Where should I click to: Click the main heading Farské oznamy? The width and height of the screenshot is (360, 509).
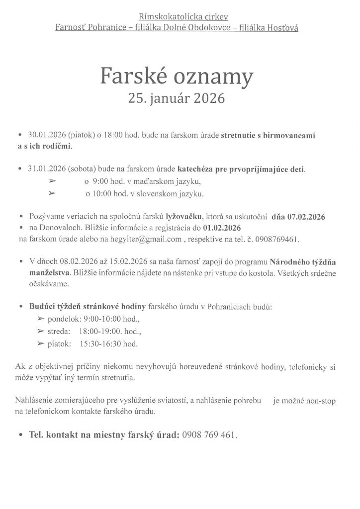177,76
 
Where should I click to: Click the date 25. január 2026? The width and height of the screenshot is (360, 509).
177,98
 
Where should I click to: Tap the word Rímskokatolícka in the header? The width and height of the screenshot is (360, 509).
164,17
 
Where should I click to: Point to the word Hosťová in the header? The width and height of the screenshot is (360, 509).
282,28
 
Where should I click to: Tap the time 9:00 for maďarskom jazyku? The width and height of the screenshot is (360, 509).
102,181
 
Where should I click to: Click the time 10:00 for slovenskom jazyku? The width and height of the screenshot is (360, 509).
103,194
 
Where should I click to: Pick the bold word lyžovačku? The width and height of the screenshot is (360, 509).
183,217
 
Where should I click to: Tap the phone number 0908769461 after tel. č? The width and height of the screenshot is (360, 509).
277,240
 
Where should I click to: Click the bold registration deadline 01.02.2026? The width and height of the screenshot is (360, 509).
222,228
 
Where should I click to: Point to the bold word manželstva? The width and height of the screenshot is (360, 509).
50,272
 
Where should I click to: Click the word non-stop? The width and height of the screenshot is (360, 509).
318,401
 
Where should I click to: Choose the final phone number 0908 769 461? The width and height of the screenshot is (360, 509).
209,434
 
